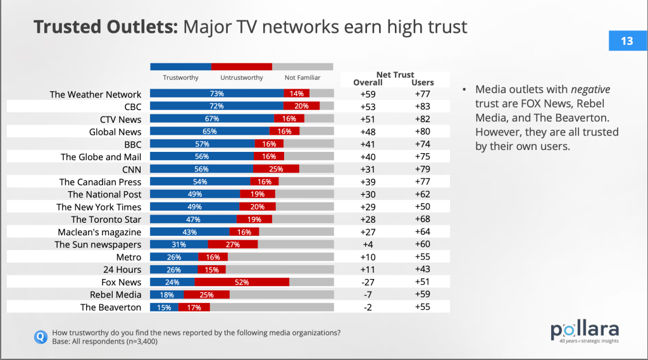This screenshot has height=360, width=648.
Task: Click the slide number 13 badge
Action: [x=626, y=41]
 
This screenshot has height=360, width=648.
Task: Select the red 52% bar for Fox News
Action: [x=242, y=282]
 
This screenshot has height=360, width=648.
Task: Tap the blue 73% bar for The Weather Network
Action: [x=216, y=94]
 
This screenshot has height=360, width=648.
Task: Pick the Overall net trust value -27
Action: [x=368, y=282]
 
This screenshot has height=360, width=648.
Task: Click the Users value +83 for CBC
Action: [x=423, y=107]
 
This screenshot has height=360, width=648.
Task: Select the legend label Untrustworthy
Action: [x=242, y=78]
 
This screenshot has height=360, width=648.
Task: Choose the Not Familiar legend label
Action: [x=302, y=78]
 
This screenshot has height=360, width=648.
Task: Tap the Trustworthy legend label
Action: [x=181, y=78]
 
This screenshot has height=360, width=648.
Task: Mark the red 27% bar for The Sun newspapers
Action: [x=233, y=245]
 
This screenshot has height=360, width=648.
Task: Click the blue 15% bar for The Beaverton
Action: [x=164, y=307]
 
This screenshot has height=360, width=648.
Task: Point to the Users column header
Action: [x=423, y=82]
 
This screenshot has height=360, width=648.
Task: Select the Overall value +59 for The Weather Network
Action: [x=368, y=94]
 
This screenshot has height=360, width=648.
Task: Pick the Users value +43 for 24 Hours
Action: [x=423, y=270]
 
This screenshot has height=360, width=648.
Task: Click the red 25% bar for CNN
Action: [x=276, y=170]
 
